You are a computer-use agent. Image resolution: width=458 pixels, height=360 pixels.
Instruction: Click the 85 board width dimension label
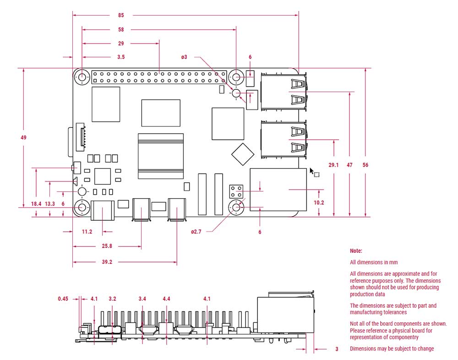(x=121, y=15)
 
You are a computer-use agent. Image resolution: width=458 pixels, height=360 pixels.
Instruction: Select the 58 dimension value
(x=121, y=29)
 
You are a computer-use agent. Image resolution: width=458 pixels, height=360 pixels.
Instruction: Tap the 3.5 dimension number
(x=121, y=57)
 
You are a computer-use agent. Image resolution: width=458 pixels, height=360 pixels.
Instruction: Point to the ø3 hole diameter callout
(x=184, y=57)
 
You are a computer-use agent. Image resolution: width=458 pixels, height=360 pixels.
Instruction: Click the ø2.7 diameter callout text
(x=196, y=232)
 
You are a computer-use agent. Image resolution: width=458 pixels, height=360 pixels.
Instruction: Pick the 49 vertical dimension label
(x=23, y=137)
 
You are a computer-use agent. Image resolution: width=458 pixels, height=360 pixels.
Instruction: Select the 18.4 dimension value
(x=36, y=204)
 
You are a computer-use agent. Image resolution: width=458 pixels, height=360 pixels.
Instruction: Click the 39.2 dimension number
(x=107, y=262)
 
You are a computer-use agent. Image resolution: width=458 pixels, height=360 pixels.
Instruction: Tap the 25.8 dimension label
(x=107, y=246)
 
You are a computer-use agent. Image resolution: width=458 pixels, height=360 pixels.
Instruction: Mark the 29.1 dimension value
(x=333, y=165)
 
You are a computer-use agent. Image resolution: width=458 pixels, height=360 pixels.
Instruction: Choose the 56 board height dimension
(x=365, y=165)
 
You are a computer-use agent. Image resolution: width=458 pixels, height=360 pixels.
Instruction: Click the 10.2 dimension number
(x=319, y=202)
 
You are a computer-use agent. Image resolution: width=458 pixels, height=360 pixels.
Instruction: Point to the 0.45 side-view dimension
(x=63, y=299)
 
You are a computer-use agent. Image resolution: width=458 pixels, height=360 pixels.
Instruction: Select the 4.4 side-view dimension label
(x=167, y=299)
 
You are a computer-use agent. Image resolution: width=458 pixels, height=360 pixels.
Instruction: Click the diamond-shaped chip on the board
(x=242, y=154)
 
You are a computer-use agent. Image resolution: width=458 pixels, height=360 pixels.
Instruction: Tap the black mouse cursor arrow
(x=312, y=171)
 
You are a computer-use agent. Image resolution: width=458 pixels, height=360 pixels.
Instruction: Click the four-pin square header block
(x=236, y=192)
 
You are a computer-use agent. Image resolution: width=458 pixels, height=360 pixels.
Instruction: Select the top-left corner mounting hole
(x=82, y=77)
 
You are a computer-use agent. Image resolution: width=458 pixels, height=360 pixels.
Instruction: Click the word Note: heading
(x=356, y=251)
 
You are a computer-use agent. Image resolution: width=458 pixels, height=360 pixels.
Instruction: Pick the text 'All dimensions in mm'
(x=374, y=262)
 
